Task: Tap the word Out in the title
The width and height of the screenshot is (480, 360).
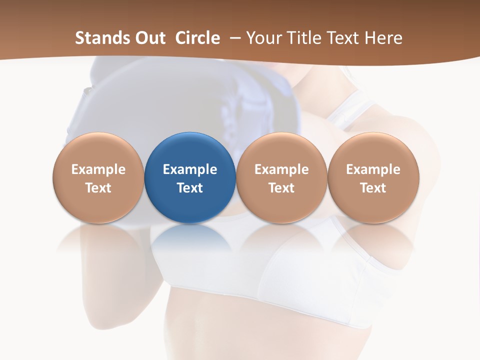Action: point(150,38)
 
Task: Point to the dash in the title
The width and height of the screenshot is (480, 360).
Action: point(234,38)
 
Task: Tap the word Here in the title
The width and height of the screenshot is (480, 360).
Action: point(383,38)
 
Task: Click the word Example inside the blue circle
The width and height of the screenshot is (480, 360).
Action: point(190,169)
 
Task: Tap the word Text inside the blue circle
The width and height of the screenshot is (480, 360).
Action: point(190,188)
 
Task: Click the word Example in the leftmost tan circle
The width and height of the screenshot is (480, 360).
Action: point(98,169)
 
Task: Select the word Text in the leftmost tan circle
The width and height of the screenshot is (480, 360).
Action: point(98,188)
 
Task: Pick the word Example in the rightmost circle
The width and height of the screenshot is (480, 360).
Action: point(373,169)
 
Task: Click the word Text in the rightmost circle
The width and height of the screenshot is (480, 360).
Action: point(373,188)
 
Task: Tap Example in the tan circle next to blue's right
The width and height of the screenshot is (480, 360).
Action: point(281,169)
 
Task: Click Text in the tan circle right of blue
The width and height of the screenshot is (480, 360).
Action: point(281,188)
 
